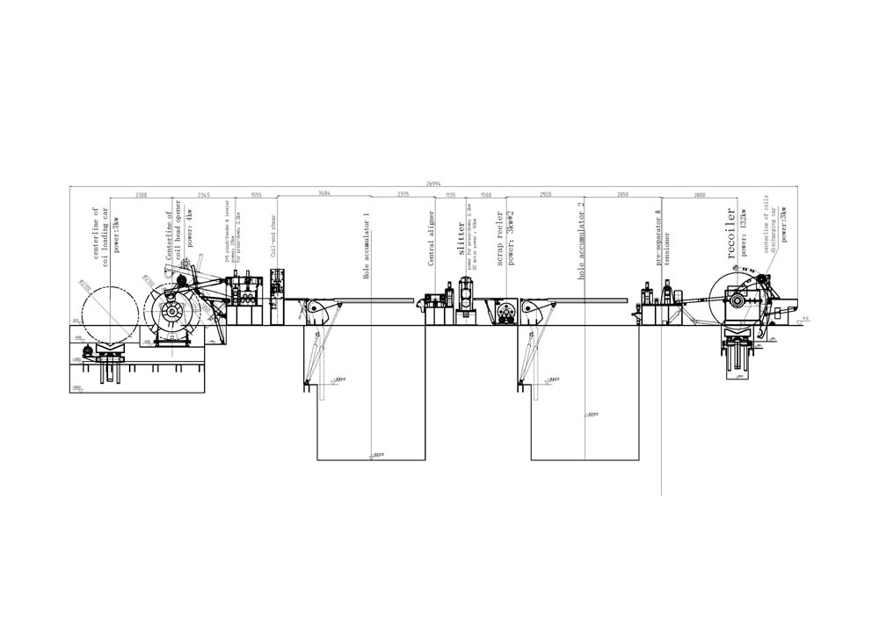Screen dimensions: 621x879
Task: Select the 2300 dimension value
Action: [142, 193]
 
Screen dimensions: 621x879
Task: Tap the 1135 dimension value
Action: [450, 193]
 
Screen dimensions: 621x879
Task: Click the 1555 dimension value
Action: [256, 193]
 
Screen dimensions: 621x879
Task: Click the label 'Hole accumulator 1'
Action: [367, 246]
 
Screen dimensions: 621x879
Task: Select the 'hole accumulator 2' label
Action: [581, 241]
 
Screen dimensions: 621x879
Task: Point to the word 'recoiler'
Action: [729, 231]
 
